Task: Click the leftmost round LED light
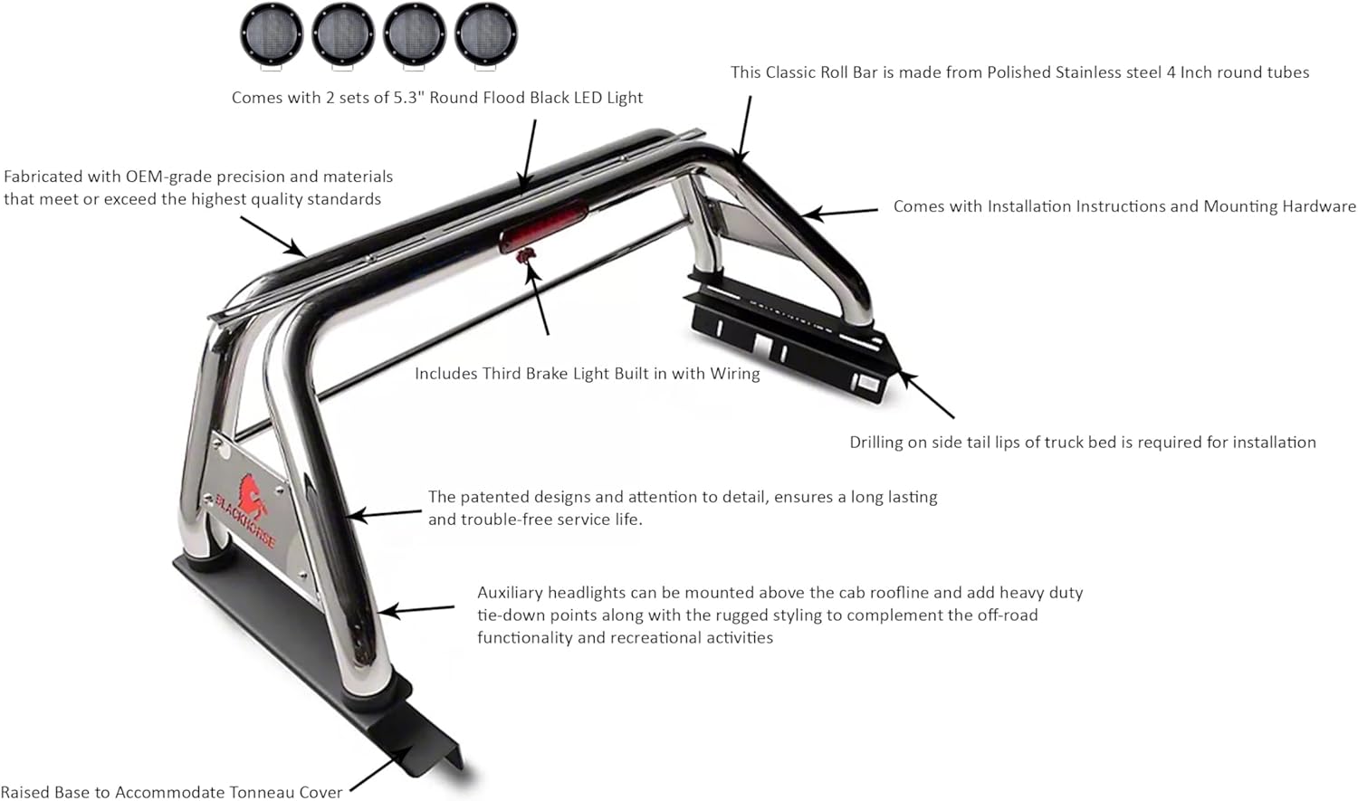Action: coord(272,34)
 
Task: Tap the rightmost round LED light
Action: coord(486,34)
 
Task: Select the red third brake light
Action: coord(543,225)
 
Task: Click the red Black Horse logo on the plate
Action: coord(249,498)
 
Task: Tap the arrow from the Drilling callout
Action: coord(927,396)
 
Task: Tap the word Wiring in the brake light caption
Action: coord(735,374)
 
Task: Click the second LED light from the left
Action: coord(343,34)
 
